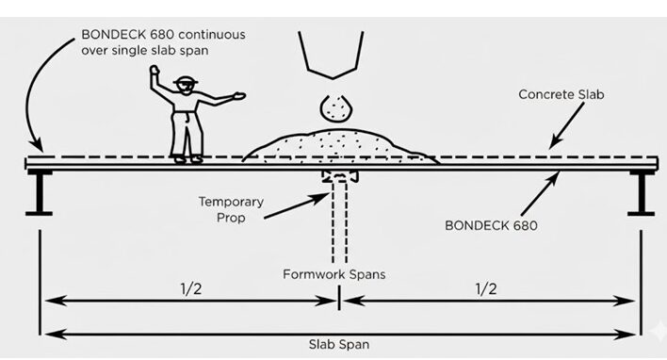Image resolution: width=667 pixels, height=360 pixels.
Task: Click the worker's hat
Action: (x=186, y=80)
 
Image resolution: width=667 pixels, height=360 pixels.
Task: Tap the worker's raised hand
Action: (x=154, y=71)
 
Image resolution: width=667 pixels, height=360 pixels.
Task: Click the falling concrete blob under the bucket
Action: (x=336, y=107)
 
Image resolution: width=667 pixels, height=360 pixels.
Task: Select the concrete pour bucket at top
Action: (x=331, y=55)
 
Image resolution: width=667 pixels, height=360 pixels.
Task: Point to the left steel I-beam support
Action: (x=40, y=193)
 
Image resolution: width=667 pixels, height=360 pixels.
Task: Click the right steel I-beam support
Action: (x=641, y=193)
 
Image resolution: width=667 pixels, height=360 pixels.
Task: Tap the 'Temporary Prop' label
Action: (x=231, y=209)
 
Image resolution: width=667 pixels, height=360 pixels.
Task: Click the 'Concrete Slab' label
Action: (x=561, y=94)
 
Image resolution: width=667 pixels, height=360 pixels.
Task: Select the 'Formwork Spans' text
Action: (x=334, y=274)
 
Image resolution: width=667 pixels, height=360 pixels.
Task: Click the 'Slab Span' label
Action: (x=339, y=344)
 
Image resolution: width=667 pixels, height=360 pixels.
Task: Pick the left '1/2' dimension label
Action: (x=191, y=289)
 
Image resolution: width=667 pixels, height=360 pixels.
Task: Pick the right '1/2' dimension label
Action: (x=486, y=289)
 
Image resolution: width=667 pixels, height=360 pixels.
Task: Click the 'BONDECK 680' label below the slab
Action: (x=492, y=225)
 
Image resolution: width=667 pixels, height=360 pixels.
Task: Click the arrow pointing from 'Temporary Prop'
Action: (x=297, y=206)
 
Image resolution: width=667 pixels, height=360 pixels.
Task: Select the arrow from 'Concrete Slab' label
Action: (x=566, y=125)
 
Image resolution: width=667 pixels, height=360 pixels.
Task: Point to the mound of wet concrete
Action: (x=340, y=146)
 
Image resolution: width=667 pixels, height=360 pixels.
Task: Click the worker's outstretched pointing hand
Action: (x=239, y=96)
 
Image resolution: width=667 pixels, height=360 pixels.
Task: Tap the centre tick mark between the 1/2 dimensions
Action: (x=339, y=298)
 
